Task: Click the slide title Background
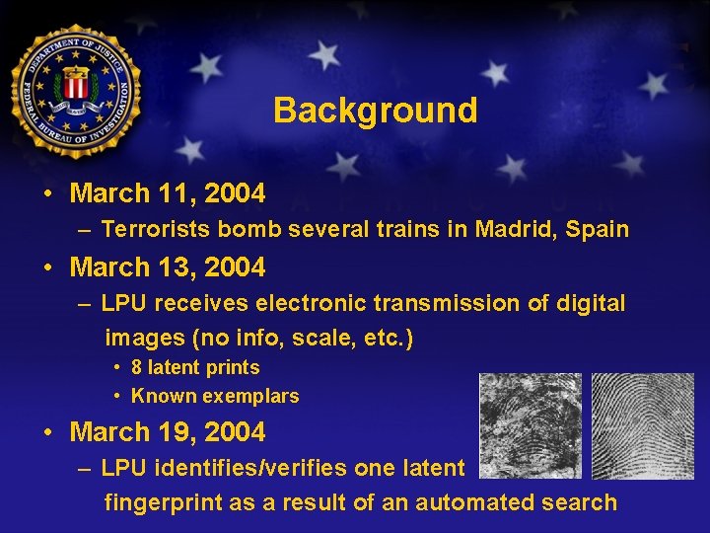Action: click(x=375, y=110)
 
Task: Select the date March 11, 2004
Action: click(x=168, y=193)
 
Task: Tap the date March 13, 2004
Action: click(x=168, y=267)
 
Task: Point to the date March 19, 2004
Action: click(x=168, y=432)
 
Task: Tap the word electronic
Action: click(x=297, y=303)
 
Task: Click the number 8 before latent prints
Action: click(x=137, y=368)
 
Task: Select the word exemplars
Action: click(x=250, y=397)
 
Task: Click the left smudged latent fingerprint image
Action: click(x=530, y=424)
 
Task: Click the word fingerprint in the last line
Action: click(x=163, y=502)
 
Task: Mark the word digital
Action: click(x=591, y=303)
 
